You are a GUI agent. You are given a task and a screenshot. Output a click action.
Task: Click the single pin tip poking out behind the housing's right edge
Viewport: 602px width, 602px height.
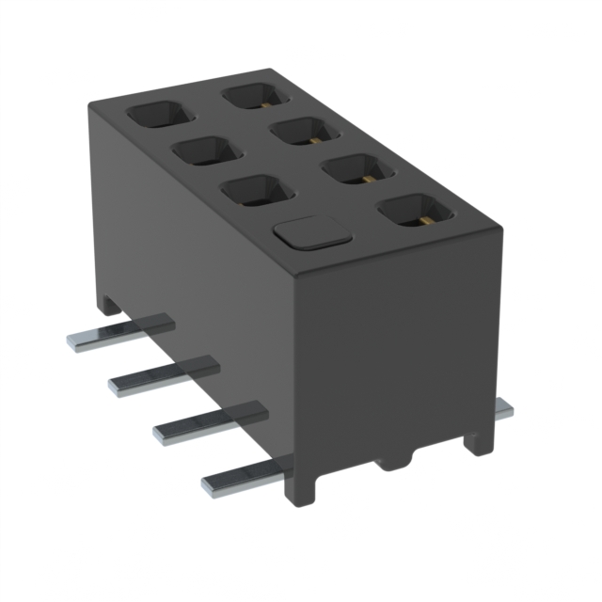[x=505, y=410]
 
